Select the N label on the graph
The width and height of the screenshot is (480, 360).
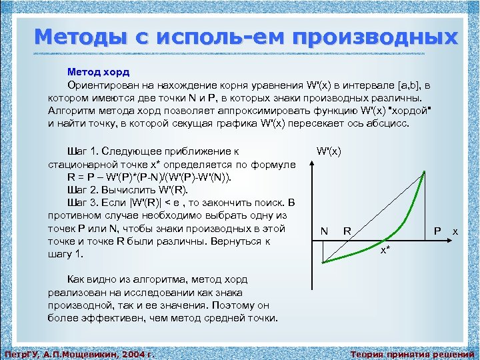pyautogui.click(x=323, y=231)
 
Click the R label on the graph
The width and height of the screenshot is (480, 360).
pyautogui.click(x=347, y=231)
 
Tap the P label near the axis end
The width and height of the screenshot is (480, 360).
pyautogui.click(x=437, y=231)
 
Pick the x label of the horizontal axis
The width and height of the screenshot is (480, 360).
pyautogui.click(x=455, y=230)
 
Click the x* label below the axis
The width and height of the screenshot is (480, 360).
pyautogui.click(x=385, y=250)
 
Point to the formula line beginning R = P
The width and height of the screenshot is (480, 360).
pyautogui.click(x=151, y=177)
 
